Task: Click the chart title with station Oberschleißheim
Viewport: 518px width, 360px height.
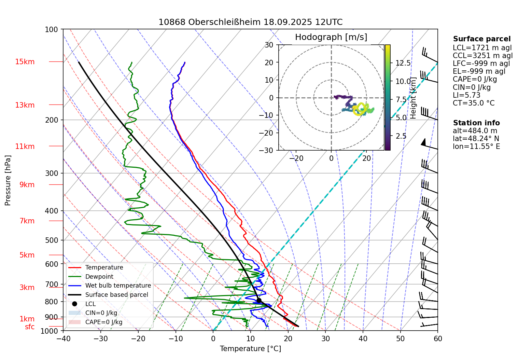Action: coord(250,22)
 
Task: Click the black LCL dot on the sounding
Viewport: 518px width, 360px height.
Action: coord(259,301)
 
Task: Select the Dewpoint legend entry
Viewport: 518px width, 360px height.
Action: coord(99,277)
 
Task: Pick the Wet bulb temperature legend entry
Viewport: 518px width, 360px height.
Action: coord(118,286)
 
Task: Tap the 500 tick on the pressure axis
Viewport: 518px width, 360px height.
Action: coord(52,240)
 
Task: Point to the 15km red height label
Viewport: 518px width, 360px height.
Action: coord(25,62)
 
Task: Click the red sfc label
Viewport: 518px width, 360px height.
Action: coord(30,327)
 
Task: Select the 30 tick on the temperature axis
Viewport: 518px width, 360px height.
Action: coord(325,338)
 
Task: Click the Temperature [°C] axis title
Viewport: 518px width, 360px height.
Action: coord(250,349)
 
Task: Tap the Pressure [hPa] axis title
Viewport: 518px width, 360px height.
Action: coord(8,180)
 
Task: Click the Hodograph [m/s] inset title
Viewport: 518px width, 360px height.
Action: coord(331,37)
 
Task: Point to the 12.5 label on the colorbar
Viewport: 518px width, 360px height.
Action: coord(403,63)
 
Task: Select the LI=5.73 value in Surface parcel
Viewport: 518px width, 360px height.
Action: coord(466,95)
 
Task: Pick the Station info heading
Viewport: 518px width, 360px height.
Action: coord(476,123)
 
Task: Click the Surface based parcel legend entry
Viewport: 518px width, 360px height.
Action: coord(116,295)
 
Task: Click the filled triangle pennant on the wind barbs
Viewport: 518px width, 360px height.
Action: coord(424,142)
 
